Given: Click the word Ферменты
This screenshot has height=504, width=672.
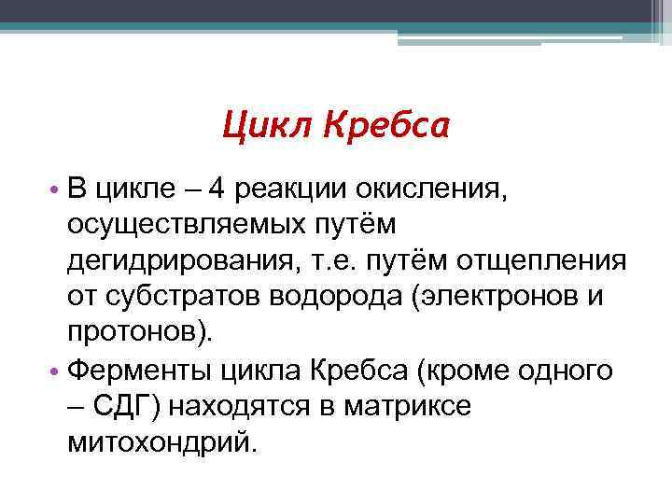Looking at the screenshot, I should [x=140, y=371].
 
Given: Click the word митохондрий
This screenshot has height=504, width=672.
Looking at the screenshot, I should [x=159, y=441].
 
